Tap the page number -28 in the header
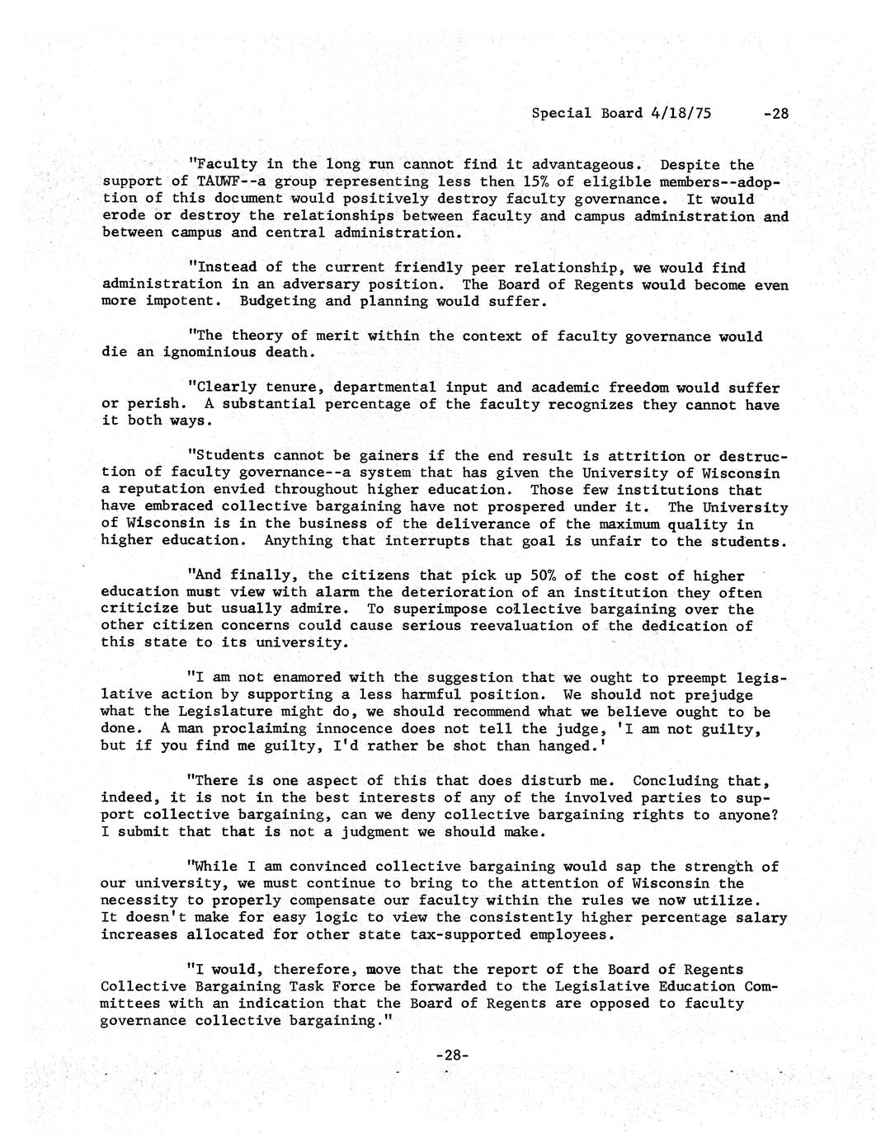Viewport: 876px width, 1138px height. pos(775,114)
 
